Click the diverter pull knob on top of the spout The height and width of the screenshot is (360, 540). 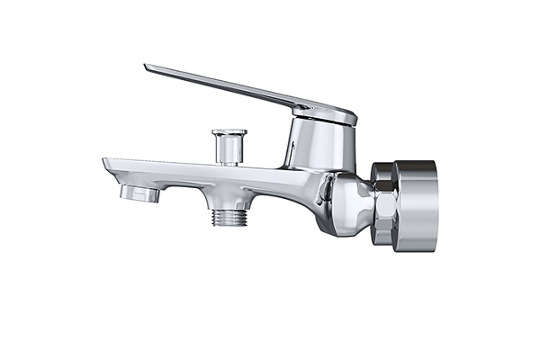click(229, 144)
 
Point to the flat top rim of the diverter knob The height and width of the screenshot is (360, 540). click(229, 132)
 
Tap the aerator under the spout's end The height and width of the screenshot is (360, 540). click(139, 192)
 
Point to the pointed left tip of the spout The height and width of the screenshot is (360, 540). click(106, 163)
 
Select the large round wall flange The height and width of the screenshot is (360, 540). click(414, 205)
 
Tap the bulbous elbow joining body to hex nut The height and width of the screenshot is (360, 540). click(346, 202)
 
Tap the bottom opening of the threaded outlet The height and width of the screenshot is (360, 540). click(230, 225)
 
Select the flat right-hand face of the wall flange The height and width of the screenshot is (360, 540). click(435, 205)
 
